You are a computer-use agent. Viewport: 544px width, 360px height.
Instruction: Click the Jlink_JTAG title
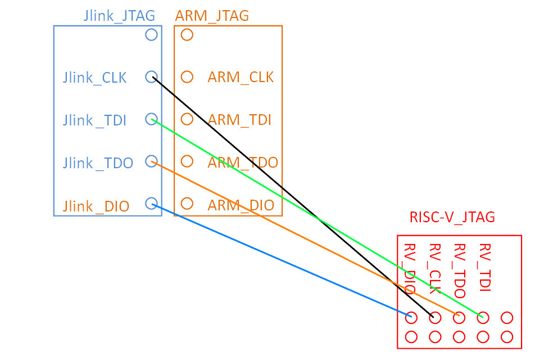click(119, 15)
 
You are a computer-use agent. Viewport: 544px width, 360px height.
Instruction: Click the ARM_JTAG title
click(212, 15)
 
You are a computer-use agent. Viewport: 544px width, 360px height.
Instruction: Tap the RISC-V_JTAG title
click(452, 217)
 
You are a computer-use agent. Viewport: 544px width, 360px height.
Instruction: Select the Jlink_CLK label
click(94, 78)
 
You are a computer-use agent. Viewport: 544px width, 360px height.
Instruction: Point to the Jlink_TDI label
click(94, 120)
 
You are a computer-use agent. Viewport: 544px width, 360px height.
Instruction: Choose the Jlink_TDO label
click(98, 163)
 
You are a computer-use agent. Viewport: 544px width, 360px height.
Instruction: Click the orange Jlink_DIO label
click(96, 206)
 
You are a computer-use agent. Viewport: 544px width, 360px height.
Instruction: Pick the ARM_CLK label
click(241, 77)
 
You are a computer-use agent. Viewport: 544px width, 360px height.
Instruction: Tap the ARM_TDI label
click(239, 120)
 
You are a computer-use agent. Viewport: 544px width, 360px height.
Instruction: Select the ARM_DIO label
click(241, 205)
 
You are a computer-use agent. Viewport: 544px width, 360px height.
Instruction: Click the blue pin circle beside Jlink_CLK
click(151, 77)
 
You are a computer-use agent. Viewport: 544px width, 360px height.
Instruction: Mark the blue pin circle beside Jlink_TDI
click(151, 119)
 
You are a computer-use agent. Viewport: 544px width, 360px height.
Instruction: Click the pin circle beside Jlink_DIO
click(151, 203)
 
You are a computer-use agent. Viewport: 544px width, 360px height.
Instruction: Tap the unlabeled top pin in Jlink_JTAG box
click(151, 35)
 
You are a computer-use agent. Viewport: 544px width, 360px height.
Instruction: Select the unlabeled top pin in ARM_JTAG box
click(187, 35)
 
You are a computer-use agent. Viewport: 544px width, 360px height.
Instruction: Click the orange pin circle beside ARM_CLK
click(187, 77)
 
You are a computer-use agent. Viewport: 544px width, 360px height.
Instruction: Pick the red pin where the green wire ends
click(482, 318)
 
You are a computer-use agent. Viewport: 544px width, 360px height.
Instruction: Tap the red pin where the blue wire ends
click(411, 318)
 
